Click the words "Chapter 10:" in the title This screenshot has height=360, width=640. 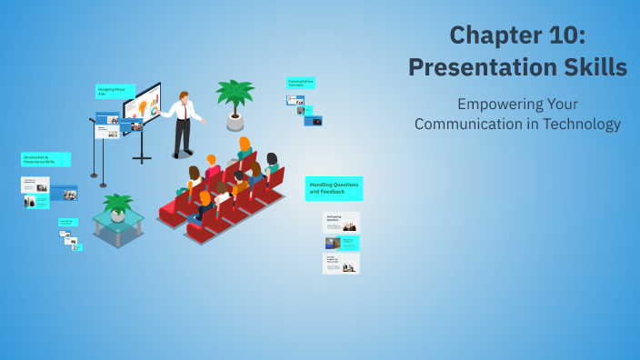[x=517, y=35]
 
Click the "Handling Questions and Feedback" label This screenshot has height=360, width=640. [x=334, y=188]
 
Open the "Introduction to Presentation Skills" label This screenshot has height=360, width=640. [x=45, y=159]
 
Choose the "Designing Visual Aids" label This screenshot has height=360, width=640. [x=115, y=91]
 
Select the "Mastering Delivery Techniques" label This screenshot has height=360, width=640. [x=301, y=83]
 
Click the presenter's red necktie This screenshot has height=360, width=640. [x=188, y=111]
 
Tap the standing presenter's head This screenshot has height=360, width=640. [x=185, y=96]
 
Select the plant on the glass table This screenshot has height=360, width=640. [x=117, y=204]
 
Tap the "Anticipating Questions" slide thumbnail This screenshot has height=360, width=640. [x=341, y=222]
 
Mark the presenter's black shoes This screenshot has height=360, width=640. [x=182, y=155]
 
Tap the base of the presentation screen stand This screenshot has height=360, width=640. [x=141, y=160]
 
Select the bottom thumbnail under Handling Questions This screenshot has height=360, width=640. [x=341, y=263]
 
